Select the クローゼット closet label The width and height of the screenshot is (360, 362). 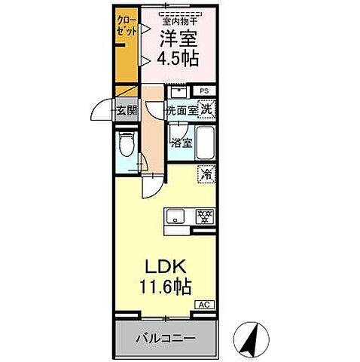tap(126, 28)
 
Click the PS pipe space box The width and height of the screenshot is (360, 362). tap(204, 92)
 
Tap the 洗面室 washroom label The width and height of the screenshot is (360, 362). tap(182, 110)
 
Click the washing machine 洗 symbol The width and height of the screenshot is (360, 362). tap(207, 109)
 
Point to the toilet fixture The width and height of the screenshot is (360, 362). tap(127, 145)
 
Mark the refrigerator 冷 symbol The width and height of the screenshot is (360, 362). tap(206, 173)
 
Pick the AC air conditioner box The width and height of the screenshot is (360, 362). tap(204, 304)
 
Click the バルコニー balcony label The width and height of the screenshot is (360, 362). tap(166, 338)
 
